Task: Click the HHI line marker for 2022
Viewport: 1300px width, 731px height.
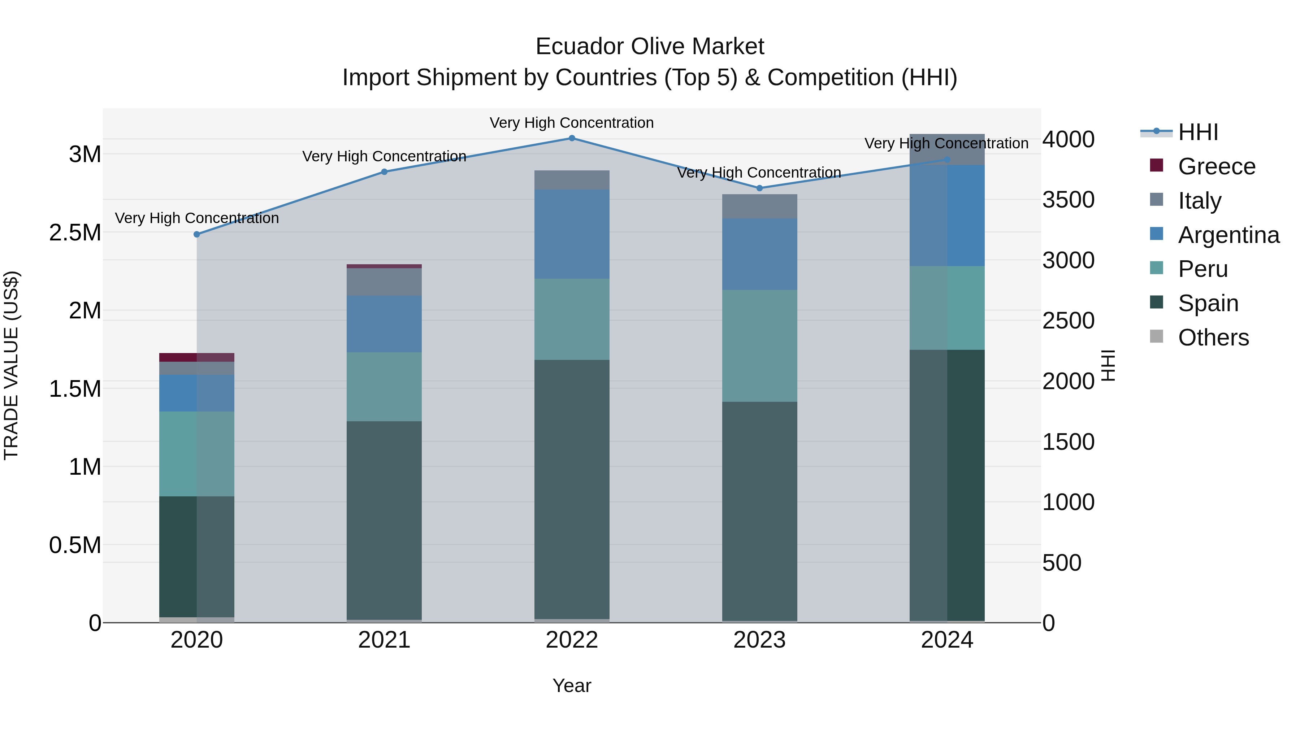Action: click(572, 138)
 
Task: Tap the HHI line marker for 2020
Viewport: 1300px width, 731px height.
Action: click(197, 235)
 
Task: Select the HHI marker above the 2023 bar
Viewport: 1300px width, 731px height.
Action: click(759, 188)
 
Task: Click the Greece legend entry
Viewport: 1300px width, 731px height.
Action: click(1216, 166)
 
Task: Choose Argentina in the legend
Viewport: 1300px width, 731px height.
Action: click(1228, 235)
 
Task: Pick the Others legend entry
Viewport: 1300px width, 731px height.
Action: click(1213, 338)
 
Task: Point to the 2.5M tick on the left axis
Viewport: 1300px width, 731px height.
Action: click(75, 232)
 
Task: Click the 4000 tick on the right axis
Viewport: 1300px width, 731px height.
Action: click(1069, 139)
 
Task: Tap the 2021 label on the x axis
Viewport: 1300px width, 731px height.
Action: click(384, 640)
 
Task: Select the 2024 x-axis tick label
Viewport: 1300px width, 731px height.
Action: click(947, 640)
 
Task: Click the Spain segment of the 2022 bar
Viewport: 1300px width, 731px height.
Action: click(572, 489)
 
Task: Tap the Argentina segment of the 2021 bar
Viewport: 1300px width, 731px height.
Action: click(384, 324)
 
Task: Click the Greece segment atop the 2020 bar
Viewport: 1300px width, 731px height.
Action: click(197, 357)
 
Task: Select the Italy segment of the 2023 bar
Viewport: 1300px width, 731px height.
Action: click(759, 206)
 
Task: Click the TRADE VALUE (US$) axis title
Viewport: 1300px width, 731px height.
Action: click(11, 365)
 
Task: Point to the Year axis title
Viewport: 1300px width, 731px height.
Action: click(572, 686)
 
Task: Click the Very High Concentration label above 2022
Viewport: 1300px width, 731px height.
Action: click(572, 123)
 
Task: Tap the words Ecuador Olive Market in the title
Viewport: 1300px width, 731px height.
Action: click(650, 47)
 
